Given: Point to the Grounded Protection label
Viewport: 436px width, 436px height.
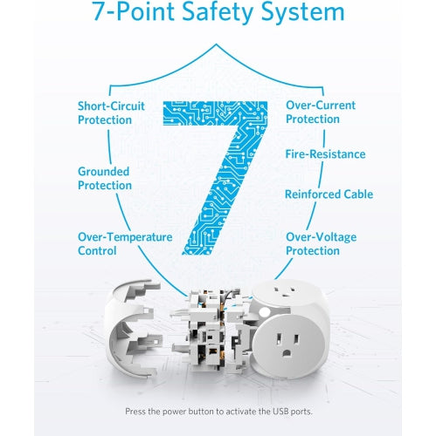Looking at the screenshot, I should click(104, 178).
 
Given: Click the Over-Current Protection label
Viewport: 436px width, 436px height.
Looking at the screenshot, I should click(320, 112).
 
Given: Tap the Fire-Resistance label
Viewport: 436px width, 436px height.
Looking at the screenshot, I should click(324, 154).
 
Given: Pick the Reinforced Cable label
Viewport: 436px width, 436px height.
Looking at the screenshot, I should click(329, 194).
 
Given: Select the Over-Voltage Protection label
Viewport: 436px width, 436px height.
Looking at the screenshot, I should click(321, 243).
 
